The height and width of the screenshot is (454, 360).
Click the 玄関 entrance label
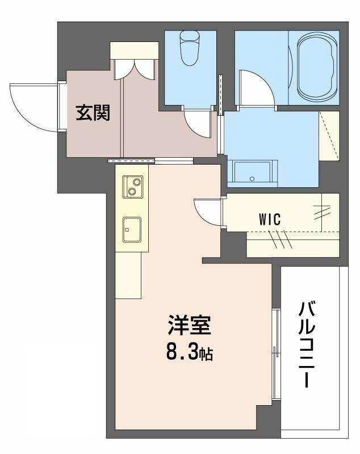click(93, 113)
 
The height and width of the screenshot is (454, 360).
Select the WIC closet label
click(270, 219)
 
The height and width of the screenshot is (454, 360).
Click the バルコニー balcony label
click(307, 344)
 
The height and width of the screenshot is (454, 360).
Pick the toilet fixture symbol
click(190, 48)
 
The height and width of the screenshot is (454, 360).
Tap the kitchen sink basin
click(132, 229)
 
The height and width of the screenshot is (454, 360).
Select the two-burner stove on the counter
click(133, 187)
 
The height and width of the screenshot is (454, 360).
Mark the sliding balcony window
click(277, 354)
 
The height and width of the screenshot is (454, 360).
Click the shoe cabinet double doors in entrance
click(135, 69)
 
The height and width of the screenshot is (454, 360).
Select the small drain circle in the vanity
click(252, 179)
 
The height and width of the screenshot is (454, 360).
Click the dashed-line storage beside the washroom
click(329, 135)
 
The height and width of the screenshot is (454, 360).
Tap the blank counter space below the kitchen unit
click(128, 275)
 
